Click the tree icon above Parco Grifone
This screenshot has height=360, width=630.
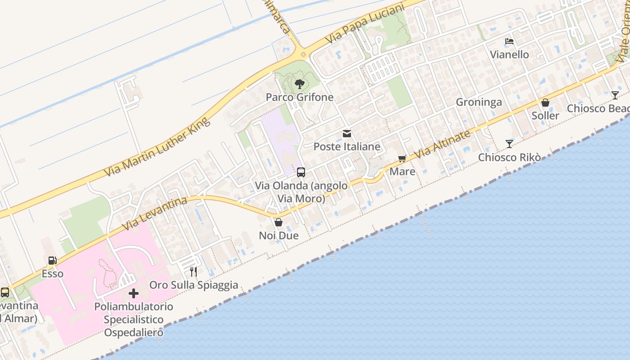[299, 84]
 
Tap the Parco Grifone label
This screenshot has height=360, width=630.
[299, 97]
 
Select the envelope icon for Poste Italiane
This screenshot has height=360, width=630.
[347, 134]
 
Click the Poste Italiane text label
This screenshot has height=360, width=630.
[347, 147]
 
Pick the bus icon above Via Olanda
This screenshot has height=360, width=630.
[301, 172]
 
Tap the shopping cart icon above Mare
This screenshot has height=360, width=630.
[402, 158]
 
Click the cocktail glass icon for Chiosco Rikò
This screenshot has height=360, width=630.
[509, 144]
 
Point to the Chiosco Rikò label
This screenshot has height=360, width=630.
[509, 157]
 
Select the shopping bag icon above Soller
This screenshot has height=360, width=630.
[545, 103]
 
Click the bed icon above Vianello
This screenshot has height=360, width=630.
[509, 41]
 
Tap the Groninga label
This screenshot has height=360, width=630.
[479, 102]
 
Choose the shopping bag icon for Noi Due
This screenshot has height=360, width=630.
[279, 222]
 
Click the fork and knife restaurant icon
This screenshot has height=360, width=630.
[193, 271]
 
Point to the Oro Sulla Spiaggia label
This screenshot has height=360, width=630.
[193, 285]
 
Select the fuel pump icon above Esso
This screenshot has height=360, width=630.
[53, 261]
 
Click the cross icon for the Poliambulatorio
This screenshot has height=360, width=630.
[134, 293]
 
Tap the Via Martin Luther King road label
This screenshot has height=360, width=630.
[157, 147]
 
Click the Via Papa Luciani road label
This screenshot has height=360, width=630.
[364, 24]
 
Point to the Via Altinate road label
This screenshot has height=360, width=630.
[442, 144]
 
